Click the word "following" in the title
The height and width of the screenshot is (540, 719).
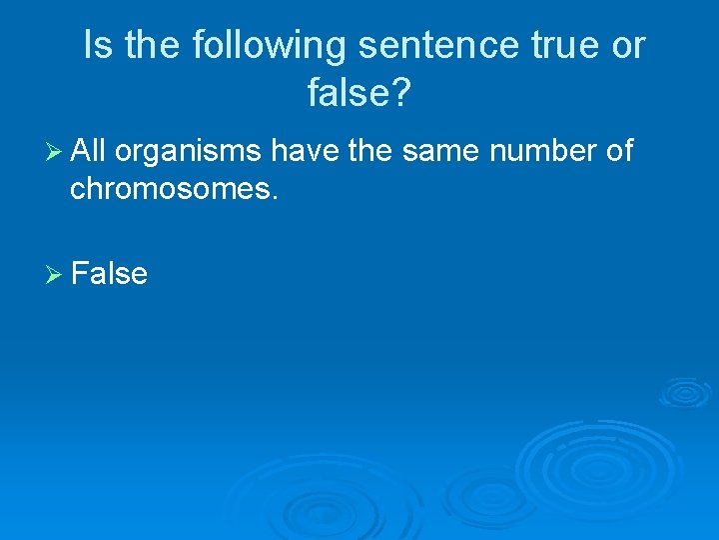click(269, 46)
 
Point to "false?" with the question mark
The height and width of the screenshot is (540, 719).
click(359, 94)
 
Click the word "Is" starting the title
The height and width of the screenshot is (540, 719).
click(98, 46)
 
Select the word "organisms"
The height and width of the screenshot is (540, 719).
click(189, 152)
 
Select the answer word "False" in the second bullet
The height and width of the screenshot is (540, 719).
click(110, 273)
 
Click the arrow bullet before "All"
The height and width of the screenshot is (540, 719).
click(54, 152)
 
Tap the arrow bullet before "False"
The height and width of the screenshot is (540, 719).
click(54, 274)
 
